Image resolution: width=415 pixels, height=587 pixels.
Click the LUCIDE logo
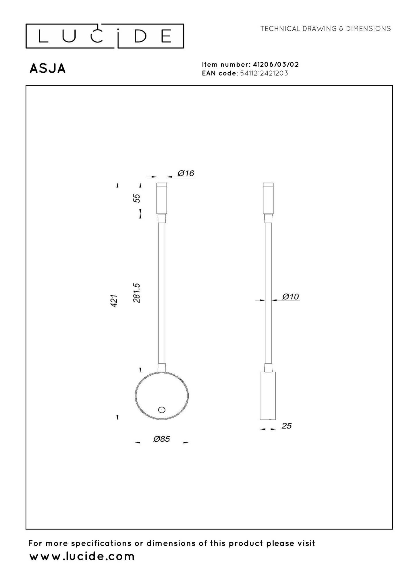point(105,36)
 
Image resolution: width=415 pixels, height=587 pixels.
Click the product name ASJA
point(48,69)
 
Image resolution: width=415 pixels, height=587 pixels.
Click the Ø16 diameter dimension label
point(186,173)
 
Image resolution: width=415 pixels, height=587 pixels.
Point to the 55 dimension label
point(137,198)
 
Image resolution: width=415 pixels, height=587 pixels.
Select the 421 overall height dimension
point(115,301)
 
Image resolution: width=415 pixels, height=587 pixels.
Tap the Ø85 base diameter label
point(162,439)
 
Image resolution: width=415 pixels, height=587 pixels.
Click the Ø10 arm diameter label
point(290,296)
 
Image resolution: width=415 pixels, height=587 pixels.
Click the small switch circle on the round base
point(162,410)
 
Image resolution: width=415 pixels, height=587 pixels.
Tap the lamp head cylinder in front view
point(161,198)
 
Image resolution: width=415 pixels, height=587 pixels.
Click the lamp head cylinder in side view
point(268,198)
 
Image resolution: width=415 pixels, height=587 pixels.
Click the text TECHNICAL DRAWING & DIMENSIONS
point(325,29)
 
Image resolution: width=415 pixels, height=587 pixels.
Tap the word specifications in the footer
point(102,543)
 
